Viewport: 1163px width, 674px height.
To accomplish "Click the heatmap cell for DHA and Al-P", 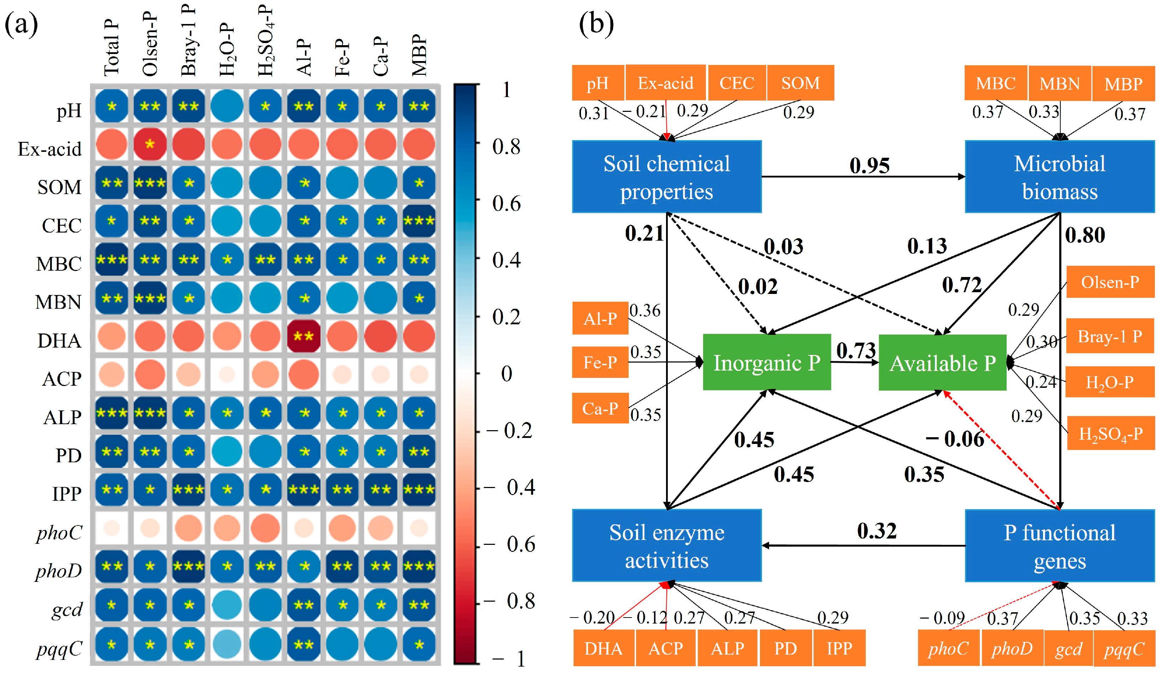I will tap(303, 336).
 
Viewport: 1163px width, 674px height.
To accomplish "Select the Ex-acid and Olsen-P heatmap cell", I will tap(150, 144).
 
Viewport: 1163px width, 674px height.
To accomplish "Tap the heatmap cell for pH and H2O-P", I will tap(227, 107).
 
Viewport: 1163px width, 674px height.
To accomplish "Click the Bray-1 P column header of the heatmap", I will tap(189, 42).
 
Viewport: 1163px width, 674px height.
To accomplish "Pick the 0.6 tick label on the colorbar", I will tap(506, 204).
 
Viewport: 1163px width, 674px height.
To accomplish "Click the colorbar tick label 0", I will tap(506, 374).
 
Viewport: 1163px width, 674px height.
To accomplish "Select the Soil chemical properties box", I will tap(666, 177).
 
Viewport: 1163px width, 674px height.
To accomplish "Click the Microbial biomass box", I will tap(1059, 177).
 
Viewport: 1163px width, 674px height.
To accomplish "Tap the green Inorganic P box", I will tap(767, 363).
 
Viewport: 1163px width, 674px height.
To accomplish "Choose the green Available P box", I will tap(942, 363).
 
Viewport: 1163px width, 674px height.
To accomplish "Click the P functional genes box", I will tap(1059, 546).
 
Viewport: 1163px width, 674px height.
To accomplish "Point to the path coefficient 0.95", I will tap(869, 166).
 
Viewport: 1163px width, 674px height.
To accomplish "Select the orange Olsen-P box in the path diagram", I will tap(1110, 282).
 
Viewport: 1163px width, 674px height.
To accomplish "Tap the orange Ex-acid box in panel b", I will tap(665, 83).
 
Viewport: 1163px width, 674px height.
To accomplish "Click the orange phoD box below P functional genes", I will tap(1012, 648).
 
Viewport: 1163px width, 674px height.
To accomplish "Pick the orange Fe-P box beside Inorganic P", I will tap(600, 363).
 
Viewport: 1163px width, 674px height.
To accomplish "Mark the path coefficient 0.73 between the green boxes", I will tap(856, 351).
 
